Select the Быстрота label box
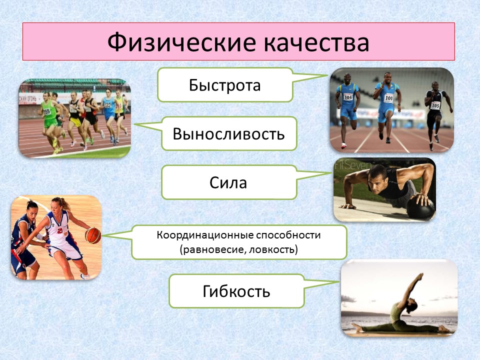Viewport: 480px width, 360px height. pyautogui.click(x=224, y=85)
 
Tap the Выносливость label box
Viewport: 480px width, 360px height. pyautogui.click(x=229, y=133)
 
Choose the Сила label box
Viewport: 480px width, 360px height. pyautogui.click(x=228, y=182)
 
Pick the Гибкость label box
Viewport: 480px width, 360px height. pyautogui.click(x=236, y=291)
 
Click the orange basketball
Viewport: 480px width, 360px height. pyautogui.click(x=92, y=235)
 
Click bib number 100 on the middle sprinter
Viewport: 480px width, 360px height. pyautogui.click(x=388, y=98)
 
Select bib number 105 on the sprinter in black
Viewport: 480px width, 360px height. pyautogui.click(x=435, y=105)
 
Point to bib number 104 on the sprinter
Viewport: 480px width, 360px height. pyautogui.click(x=347, y=96)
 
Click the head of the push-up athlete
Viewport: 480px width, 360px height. pyautogui.click(x=376, y=178)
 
